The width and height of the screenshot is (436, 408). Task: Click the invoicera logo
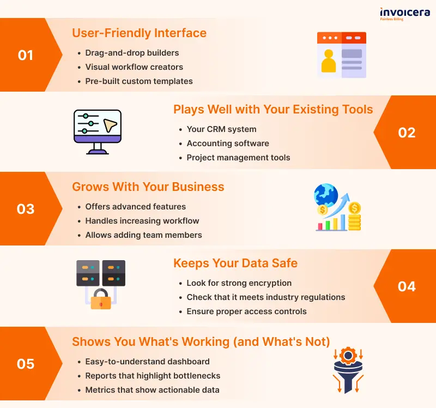(405, 14)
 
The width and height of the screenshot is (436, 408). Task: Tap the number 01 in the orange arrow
(26, 55)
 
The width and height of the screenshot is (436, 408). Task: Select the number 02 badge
(407, 133)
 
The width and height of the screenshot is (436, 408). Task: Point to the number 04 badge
(407, 286)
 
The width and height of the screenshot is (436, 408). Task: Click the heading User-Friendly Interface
(140, 33)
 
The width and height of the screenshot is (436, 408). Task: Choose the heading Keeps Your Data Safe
(235, 263)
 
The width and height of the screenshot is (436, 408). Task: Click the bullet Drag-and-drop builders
(132, 53)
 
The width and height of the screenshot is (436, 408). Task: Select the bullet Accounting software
(228, 143)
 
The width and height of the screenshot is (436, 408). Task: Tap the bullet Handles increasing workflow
(142, 221)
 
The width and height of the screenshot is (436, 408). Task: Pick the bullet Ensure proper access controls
(247, 311)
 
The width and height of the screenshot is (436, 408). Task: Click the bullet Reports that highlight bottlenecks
(153, 376)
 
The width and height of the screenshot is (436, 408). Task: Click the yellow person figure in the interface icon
(329, 61)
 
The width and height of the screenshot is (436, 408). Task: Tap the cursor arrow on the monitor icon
(110, 125)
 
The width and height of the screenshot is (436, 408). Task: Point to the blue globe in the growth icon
(326, 195)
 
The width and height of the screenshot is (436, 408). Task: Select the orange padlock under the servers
(101, 299)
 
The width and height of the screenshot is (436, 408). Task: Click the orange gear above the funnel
(348, 356)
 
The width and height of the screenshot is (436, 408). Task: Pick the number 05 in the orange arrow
(26, 364)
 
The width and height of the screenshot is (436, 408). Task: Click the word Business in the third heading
(198, 187)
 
